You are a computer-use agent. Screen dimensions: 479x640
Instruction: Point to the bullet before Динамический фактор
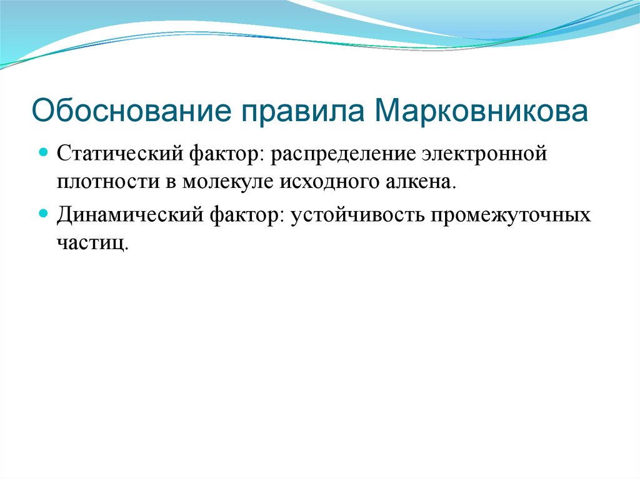point(43,213)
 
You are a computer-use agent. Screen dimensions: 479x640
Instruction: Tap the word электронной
point(481,154)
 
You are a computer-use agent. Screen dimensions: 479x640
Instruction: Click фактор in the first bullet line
point(227,154)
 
